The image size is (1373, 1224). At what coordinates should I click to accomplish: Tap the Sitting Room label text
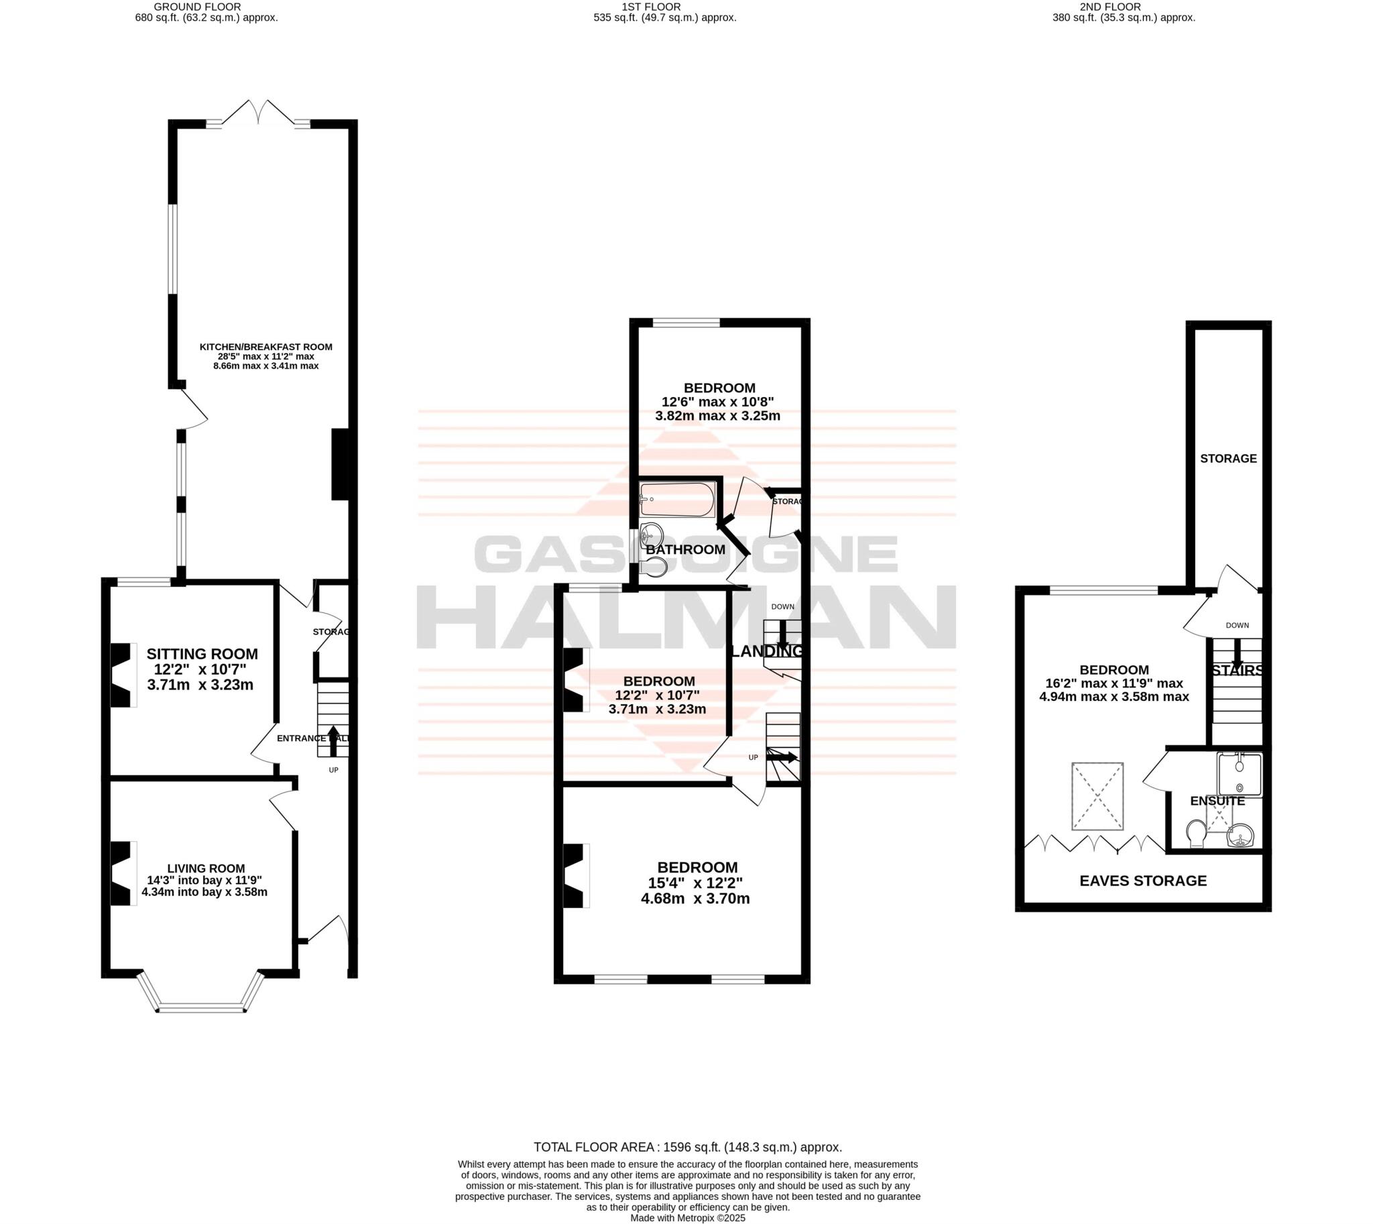click(202, 654)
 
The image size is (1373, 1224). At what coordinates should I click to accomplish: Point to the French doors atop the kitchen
click(258, 113)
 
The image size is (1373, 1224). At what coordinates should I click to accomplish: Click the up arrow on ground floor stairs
click(333, 740)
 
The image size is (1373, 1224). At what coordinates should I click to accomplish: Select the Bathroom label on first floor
click(685, 549)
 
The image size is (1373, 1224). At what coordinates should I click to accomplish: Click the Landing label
click(766, 651)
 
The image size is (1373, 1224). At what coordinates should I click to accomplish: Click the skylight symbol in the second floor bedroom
click(1097, 795)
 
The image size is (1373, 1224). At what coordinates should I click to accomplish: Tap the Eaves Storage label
click(1143, 881)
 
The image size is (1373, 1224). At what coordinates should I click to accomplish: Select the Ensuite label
click(1217, 801)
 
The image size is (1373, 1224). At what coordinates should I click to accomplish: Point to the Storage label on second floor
click(1228, 459)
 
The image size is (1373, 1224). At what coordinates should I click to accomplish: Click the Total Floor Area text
click(687, 1148)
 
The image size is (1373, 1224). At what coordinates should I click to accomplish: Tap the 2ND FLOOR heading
click(1124, 7)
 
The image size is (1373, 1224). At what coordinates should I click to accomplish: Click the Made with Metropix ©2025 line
click(687, 1218)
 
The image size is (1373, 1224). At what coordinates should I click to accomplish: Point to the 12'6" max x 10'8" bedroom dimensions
click(719, 409)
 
